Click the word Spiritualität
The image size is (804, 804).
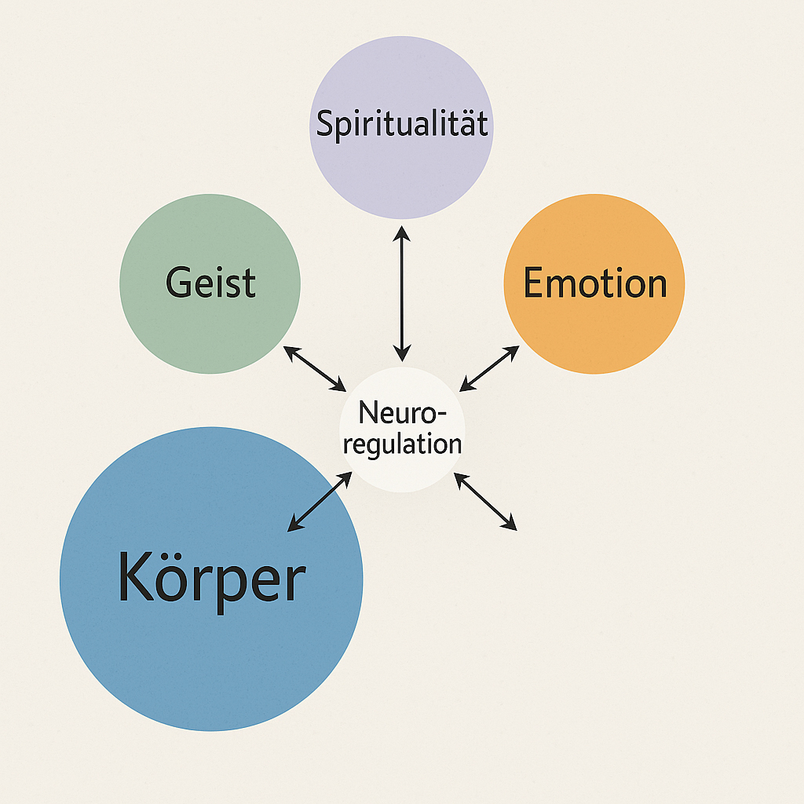pyautogui.click(x=402, y=124)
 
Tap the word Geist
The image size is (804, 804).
pyautogui.click(x=210, y=282)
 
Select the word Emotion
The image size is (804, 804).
pyautogui.click(x=595, y=283)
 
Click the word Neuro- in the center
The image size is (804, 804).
pyautogui.click(x=403, y=412)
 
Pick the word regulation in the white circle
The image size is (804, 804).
pyautogui.click(x=403, y=444)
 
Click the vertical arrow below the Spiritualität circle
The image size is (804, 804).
pyautogui.click(x=402, y=294)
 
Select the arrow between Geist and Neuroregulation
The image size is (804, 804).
pyautogui.click(x=315, y=369)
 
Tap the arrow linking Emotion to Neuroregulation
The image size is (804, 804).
pyautogui.click(x=489, y=369)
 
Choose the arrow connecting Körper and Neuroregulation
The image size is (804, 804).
pyautogui.click(x=320, y=502)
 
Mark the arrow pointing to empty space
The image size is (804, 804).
pyautogui.click(x=485, y=502)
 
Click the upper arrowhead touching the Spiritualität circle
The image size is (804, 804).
pyautogui.click(x=401, y=233)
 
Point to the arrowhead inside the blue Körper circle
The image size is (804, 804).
pyautogui.click(x=295, y=524)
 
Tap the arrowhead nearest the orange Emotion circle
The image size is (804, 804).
pyautogui.click(x=512, y=353)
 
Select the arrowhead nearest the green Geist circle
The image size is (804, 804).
pyautogui.click(x=292, y=353)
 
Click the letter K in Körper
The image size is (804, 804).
pyautogui.click(x=136, y=576)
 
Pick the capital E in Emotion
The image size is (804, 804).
pyautogui.click(x=534, y=282)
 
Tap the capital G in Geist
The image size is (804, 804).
pyautogui.click(x=179, y=282)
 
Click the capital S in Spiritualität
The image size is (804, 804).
pyautogui.click(x=325, y=123)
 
